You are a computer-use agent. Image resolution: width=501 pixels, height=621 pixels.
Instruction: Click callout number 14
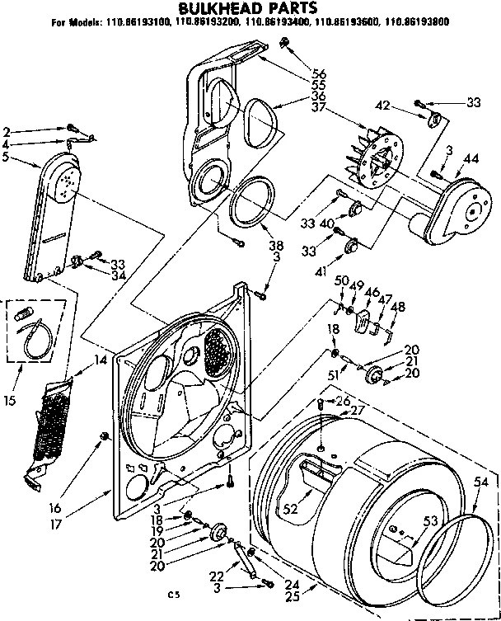click(101, 360)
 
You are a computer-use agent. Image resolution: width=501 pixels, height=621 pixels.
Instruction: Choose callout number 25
click(291, 595)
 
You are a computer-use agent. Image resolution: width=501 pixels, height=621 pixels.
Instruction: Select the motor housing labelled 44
click(453, 212)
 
